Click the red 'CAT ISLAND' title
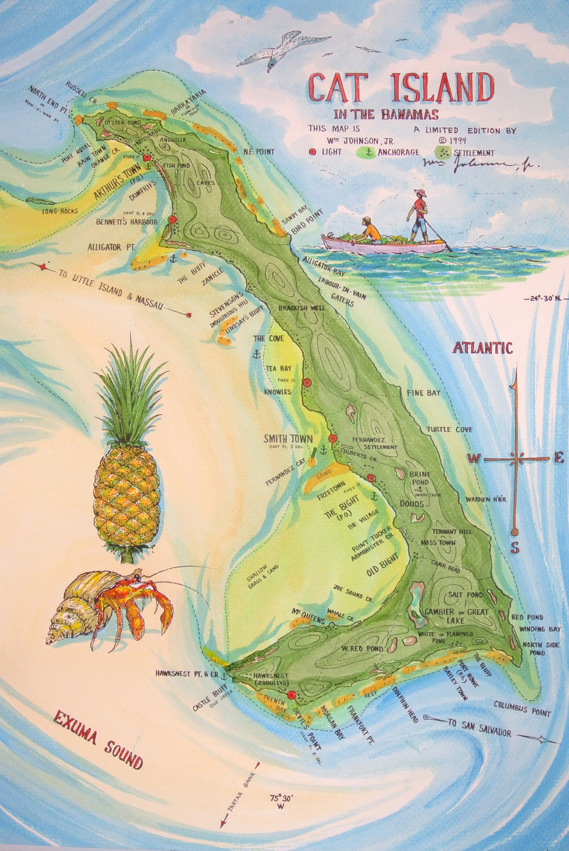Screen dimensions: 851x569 pyautogui.click(x=400, y=87)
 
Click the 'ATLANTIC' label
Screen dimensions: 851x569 pyautogui.click(x=483, y=347)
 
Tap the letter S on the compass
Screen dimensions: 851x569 pyautogui.click(x=514, y=547)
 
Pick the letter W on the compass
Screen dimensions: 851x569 pyautogui.click(x=473, y=459)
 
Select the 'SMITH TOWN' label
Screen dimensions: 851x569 pyautogui.click(x=288, y=438)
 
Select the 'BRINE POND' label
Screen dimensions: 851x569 pyautogui.click(x=421, y=477)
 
